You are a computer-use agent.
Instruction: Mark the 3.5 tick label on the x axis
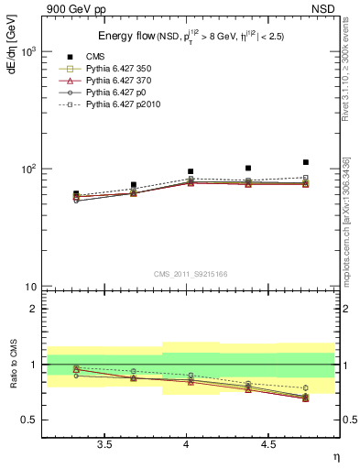pos(105,446)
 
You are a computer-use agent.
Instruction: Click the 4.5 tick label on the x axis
pos(268,446)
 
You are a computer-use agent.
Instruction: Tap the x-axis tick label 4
pos(187,446)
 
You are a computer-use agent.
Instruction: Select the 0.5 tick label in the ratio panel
pos(27,420)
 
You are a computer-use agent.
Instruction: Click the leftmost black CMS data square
pos(76,194)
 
